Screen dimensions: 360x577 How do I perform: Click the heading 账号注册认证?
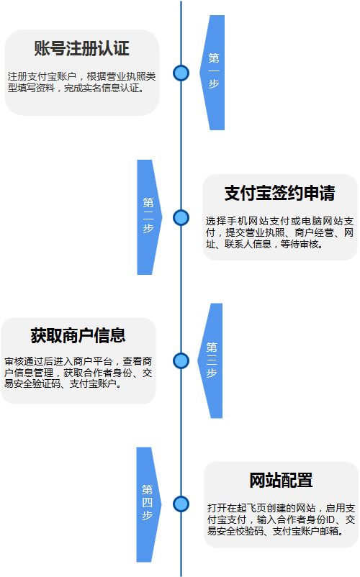[81, 48]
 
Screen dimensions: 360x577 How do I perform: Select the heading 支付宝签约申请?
[280, 193]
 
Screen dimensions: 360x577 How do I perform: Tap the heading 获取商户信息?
[78, 335]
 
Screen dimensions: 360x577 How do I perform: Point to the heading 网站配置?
[281, 480]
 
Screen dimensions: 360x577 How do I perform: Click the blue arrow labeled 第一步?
[213, 73]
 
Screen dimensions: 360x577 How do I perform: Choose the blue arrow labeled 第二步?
[149, 217]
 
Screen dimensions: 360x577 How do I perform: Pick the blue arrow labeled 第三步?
[211, 360]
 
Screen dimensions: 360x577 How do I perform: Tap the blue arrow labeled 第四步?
[148, 504]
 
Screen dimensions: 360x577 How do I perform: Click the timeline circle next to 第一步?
[181, 73]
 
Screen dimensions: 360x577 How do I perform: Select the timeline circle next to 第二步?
[181, 217]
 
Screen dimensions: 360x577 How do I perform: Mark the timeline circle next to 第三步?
[181, 360]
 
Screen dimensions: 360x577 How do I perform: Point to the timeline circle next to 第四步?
[181, 504]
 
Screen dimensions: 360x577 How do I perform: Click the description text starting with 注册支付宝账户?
[81, 82]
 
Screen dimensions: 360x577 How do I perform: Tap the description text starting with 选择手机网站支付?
[280, 232]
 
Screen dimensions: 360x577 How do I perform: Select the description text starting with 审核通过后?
[78, 373]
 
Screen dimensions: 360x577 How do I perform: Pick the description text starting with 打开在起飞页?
[281, 519]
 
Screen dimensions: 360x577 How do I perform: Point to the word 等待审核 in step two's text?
[300, 244]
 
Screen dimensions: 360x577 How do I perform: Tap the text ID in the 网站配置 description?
[330, 519]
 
